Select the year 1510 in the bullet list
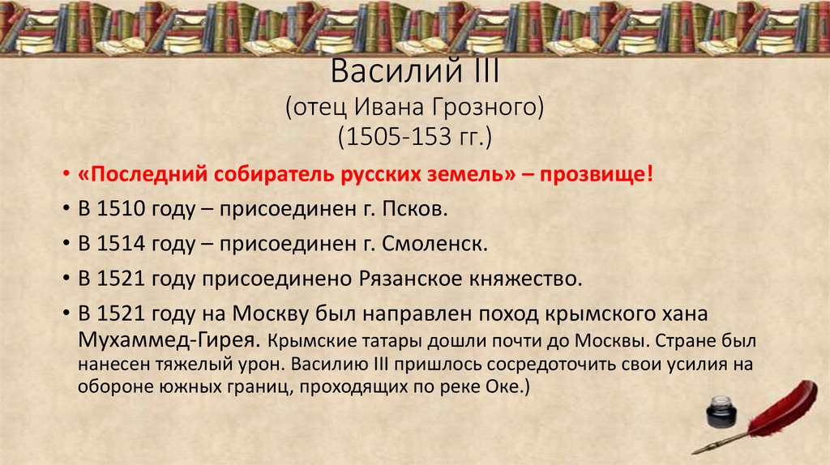pyautogui.click(x=121, y=209)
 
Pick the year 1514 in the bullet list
pyautogui.click(x=121, y=244)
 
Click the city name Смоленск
pyautogui.click(x=446, y=244)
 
